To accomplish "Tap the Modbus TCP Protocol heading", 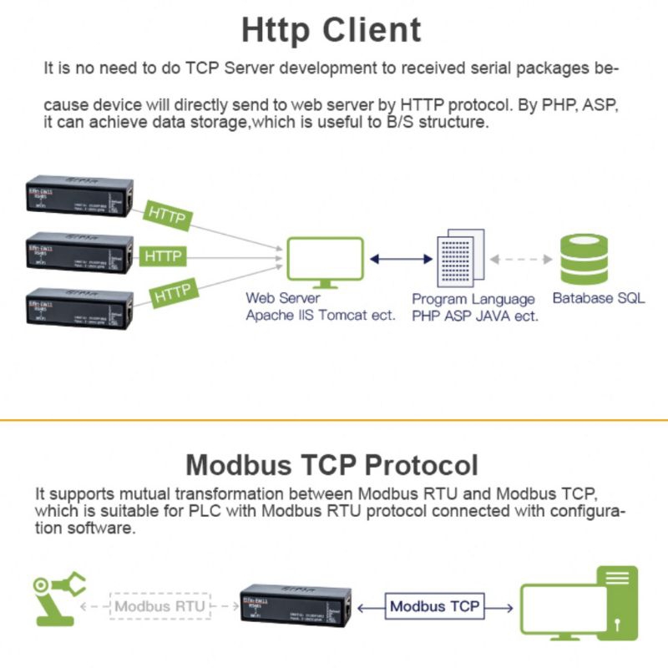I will point(331,464).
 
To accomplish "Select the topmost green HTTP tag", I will point(168,214).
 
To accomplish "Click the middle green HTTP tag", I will point(163,256).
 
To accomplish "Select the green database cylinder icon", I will point(583,259).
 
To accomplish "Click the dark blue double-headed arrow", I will point(402,260).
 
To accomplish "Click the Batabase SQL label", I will point(599,298).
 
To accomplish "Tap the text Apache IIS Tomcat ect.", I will point(321,316).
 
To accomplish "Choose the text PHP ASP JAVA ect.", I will point(475,316).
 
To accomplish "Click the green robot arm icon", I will point(58,598).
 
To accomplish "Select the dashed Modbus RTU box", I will point(159,605).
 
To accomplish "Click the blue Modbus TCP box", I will point(435,605).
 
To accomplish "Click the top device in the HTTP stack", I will point(78,195).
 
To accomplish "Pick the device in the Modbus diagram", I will point(295,607).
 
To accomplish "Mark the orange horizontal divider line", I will point(334,420).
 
